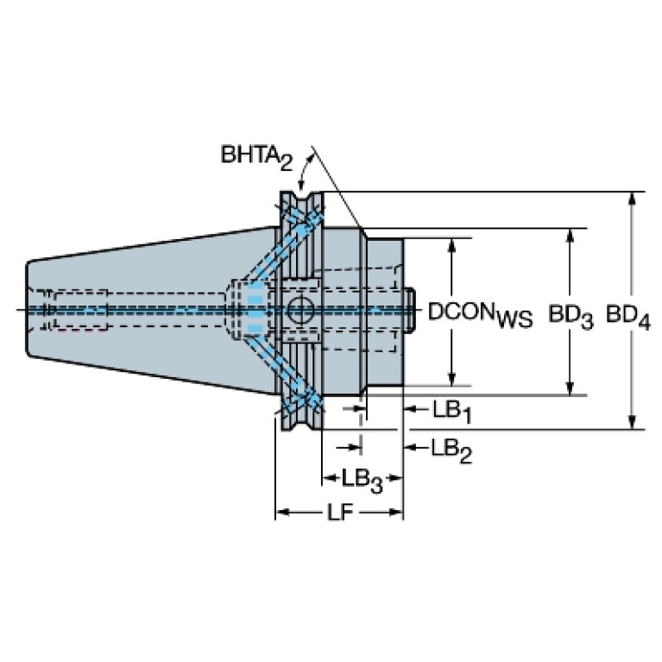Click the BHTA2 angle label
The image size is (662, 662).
[x=256, y=157]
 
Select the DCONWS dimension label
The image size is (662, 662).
[x=480, y=315]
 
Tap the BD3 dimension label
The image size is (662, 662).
[x=571, y=316]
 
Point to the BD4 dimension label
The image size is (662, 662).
[x=628, y=316]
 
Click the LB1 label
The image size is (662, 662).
[x=451, y=411]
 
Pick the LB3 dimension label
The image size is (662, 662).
[x=362, y=481]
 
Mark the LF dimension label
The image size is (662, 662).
[x=339, y=513]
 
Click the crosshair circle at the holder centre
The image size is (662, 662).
[x=300, y=311]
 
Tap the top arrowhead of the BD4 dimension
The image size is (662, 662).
[x=632, y=199]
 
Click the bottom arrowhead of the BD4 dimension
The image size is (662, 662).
[x=632, y=422]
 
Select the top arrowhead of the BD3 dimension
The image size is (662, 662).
[x=570, y=236]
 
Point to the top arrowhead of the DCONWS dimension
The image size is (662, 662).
[x=451, y=246]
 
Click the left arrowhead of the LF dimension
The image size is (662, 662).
[x=283, y=513]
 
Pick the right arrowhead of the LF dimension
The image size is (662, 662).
[x=395, y=513]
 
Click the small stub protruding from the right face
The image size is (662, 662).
[x=410, y=311]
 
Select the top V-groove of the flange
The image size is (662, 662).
[x=301, y=200]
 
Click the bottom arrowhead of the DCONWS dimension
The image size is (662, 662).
[x=451, y=379]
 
